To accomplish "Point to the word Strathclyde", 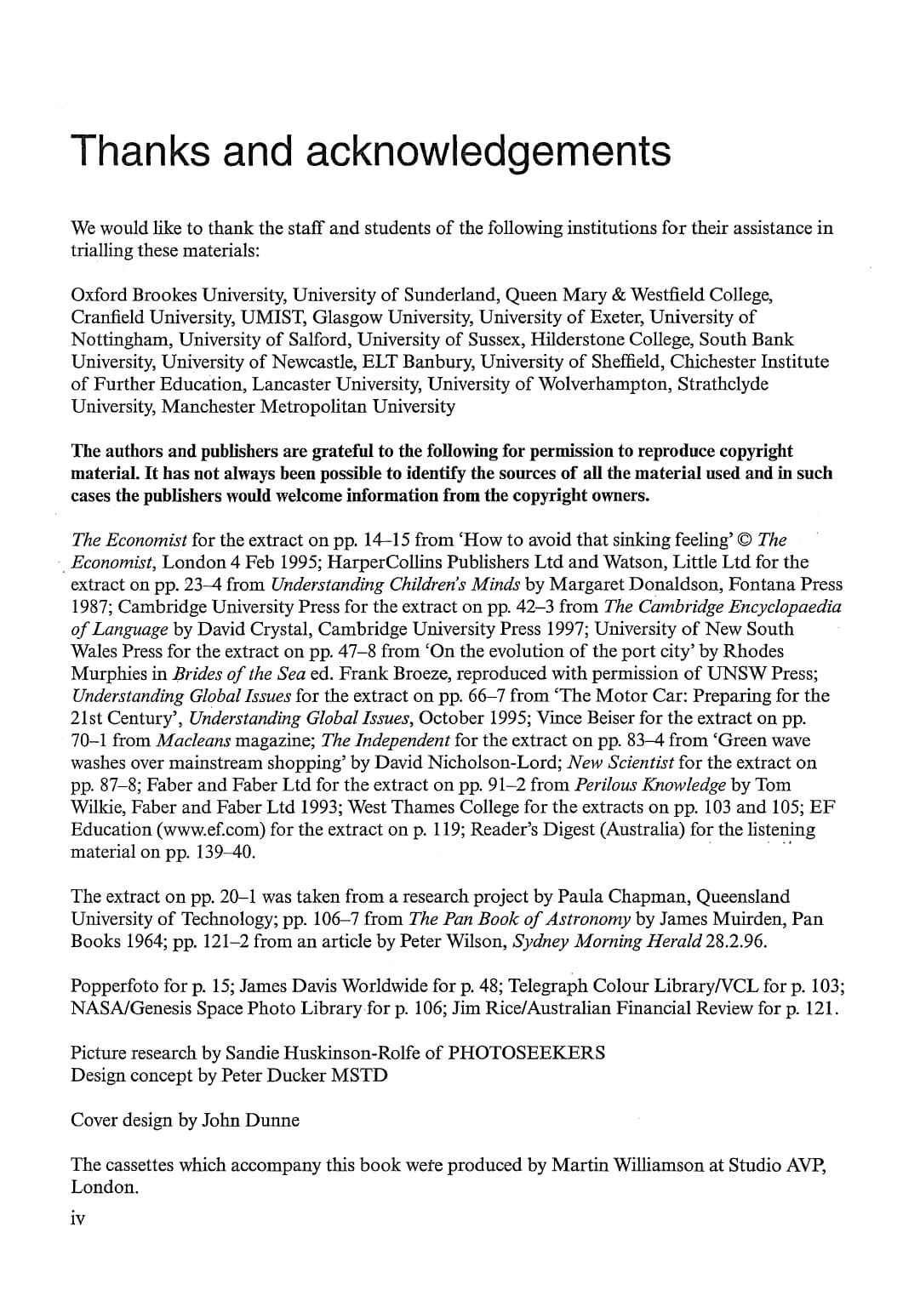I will click(x=723, y=384).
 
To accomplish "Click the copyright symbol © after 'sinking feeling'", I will click(x=746, y=539).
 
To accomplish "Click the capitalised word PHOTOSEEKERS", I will click(x=526, y=1053).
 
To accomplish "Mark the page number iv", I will click(x=77, y=1219).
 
